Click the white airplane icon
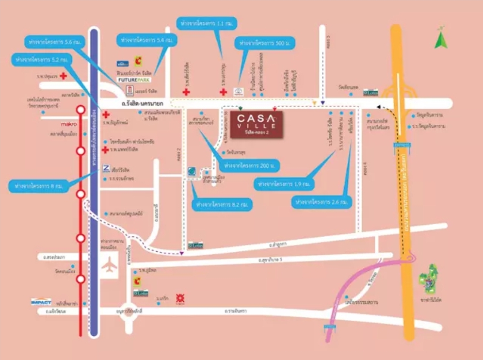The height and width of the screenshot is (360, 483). tap(111, 266)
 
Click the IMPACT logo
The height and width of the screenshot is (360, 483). tap(41, 301)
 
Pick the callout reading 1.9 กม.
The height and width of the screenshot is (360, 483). tap(284, 184)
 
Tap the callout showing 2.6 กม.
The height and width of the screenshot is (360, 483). tap(322, 201)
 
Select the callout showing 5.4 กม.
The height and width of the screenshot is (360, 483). tap(145, 40)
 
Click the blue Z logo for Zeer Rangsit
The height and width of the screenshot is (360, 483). tap(106, 168)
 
